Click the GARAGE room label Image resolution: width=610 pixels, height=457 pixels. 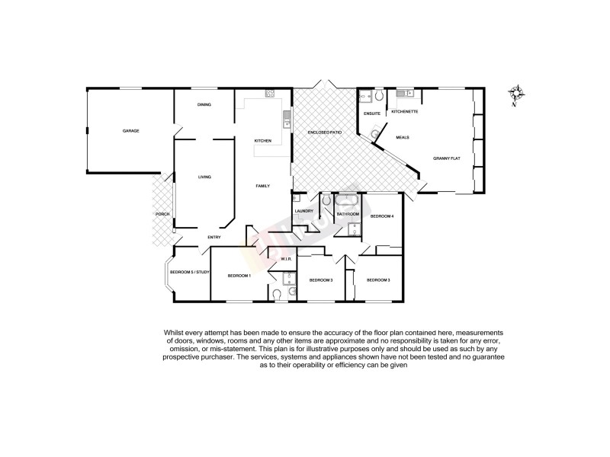click(130, 131)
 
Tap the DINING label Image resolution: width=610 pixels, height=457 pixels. click(204, 105)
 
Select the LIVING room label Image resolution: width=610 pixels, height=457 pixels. click(204, 177)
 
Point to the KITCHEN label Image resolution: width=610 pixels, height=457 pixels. click(263, 141)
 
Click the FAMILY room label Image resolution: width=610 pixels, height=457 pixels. click(263, 187)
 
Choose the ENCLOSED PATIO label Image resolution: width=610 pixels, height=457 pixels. click(324, 133)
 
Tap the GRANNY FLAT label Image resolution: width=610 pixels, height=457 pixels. click(447, 158)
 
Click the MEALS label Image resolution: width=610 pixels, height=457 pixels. click(403, 137)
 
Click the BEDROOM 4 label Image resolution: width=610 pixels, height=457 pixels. click(382, 216)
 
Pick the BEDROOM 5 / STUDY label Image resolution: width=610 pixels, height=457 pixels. click(189, 272)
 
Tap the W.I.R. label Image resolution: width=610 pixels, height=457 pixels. click(287, 260)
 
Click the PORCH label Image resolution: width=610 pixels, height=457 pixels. click(162, 214)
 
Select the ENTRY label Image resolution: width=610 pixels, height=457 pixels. click(214, 238)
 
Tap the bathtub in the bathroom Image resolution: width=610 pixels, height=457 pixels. click(348, 202)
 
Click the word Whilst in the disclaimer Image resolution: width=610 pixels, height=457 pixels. click(172, 332)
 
